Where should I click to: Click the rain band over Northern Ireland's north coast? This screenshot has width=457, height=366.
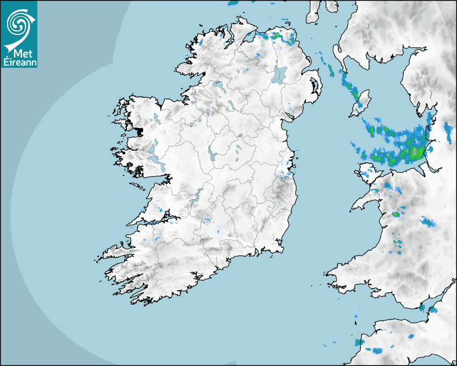coord(276,38)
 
